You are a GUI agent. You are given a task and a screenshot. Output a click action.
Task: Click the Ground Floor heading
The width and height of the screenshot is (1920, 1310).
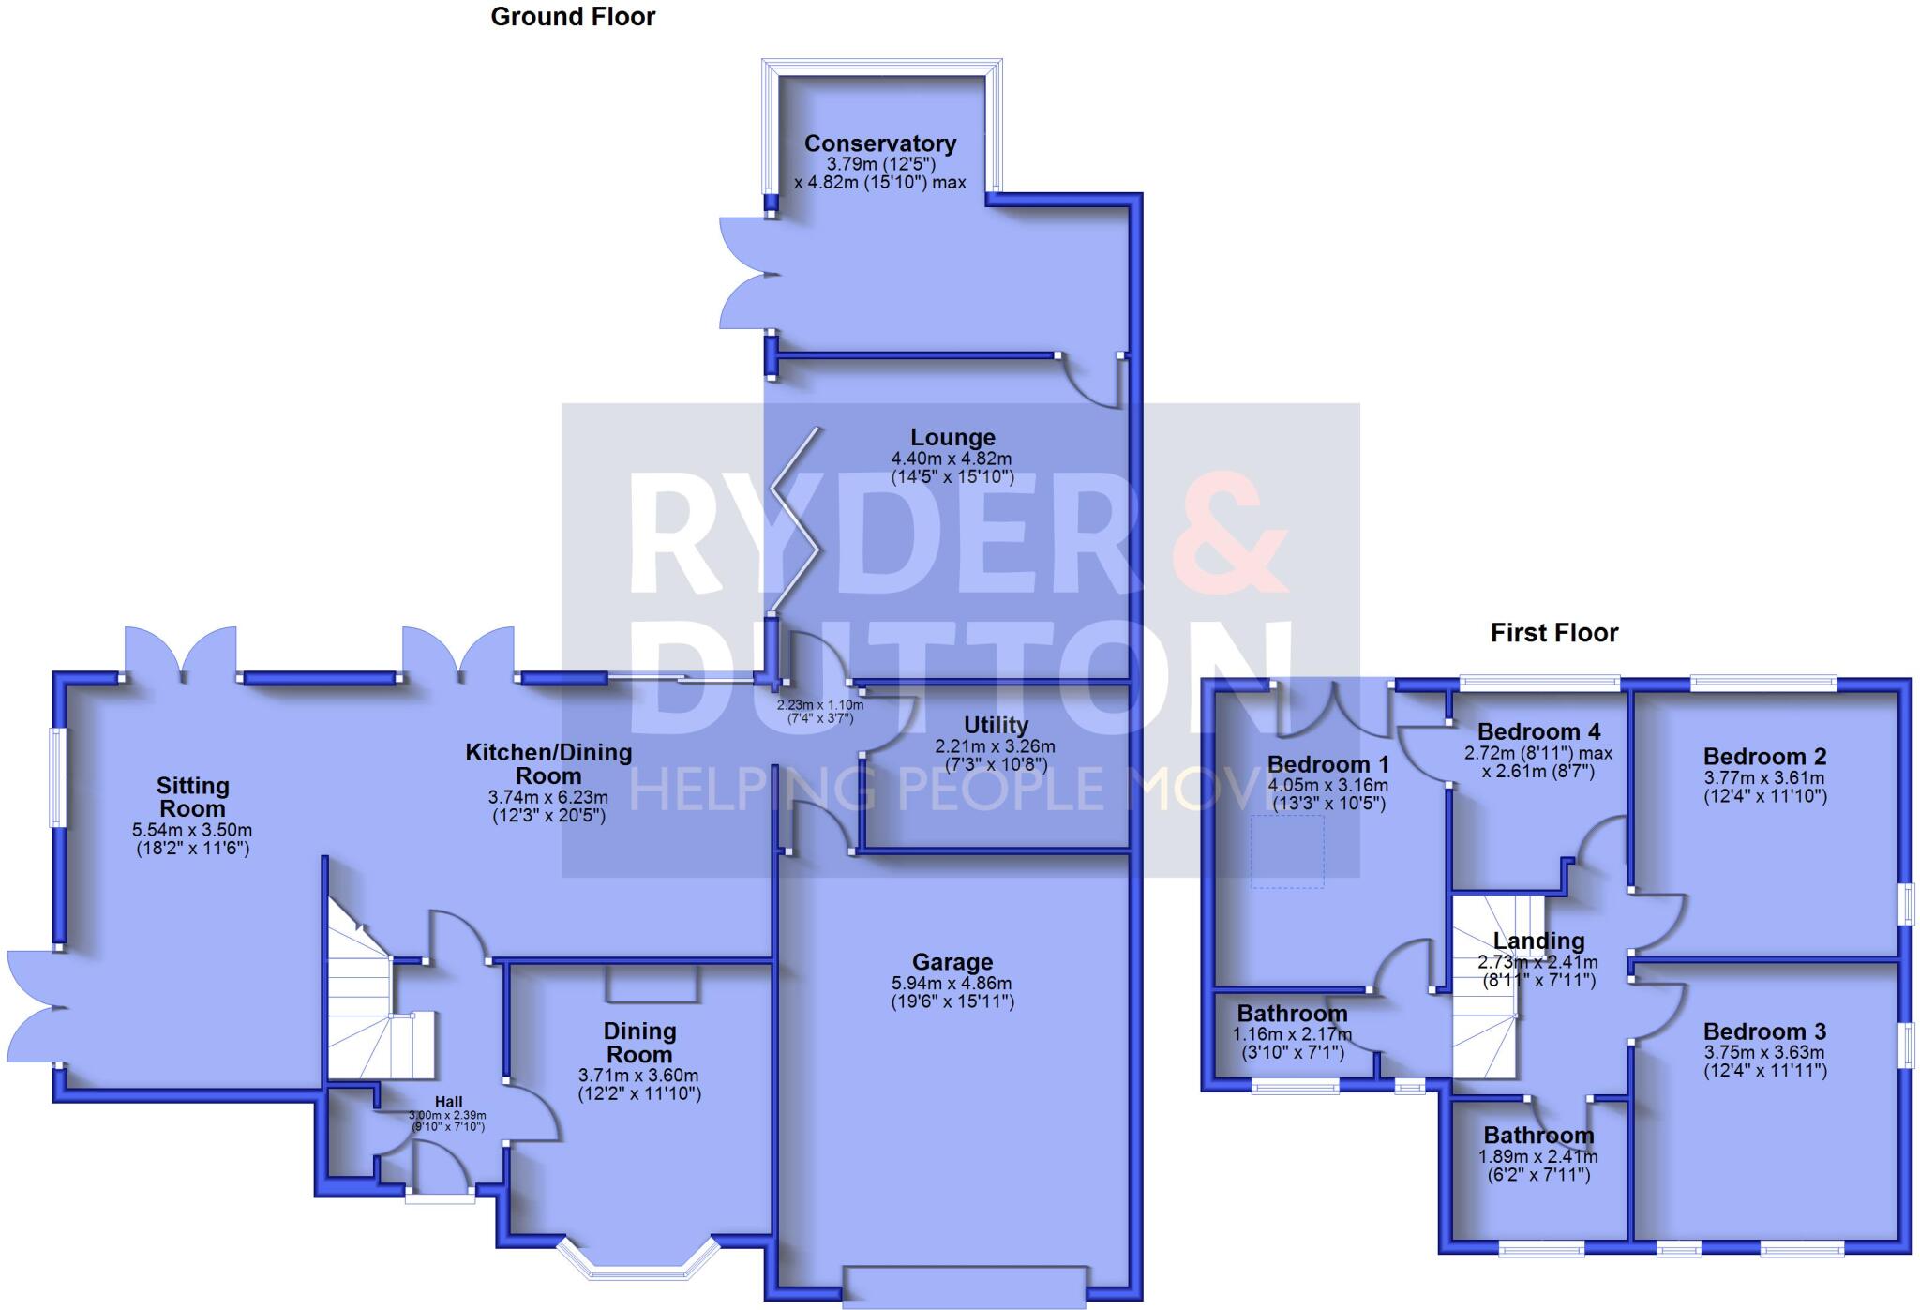(x=573, y=17)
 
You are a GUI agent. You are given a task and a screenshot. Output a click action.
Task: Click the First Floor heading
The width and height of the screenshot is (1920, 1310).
(x=1553, y=633)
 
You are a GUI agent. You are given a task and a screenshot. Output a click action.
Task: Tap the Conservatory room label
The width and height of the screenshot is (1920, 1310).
(x=879, y=143)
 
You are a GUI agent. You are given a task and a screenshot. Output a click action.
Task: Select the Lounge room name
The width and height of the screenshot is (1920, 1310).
(x=952, y=437)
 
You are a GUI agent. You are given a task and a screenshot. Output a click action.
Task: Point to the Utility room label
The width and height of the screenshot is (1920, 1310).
(x=996, y=725)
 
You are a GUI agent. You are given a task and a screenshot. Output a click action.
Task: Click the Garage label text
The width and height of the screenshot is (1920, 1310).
(x=952, y=962)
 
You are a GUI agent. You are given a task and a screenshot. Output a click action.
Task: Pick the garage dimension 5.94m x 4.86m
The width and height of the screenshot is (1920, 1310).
(x=952, y=984)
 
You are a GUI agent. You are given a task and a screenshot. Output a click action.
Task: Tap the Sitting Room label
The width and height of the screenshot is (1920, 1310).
(x=192, y=797)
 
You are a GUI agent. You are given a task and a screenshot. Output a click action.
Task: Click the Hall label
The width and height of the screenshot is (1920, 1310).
(x=448, y=1102)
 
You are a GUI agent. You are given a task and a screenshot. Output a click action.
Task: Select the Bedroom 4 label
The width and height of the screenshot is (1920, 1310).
(x=1538, y=731)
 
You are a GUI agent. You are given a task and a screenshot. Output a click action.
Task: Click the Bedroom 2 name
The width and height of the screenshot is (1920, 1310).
(x=1764, y=756)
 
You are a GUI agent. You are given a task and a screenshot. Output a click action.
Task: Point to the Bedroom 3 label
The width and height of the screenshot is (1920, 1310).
(x=1764, y=1031)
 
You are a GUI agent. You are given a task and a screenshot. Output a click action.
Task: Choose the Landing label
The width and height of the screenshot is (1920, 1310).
(x=1538, y=941)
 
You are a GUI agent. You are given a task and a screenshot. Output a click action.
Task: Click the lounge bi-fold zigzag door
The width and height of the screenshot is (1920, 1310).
(x=796, y=521)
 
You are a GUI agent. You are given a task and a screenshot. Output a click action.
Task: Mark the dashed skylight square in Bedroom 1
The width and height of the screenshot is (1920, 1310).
(x=1287, y=851)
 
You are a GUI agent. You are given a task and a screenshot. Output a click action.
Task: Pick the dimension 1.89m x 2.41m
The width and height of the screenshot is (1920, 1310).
(x=1538, y=1156)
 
